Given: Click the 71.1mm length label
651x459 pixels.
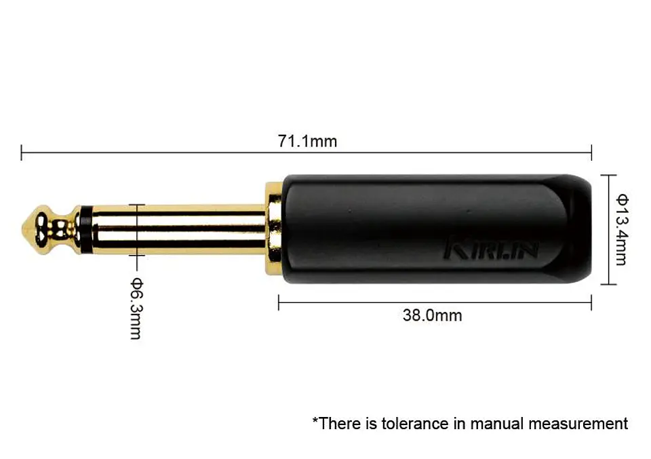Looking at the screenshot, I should click(x=307, y=141).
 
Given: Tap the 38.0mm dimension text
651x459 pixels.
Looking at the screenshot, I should click(x=432, y=315).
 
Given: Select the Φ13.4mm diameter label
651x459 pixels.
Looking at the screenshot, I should click(x=623, y=229).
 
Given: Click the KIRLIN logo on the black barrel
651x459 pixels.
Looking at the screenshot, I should click(x=491, y=249).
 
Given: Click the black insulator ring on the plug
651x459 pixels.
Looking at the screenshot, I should click(x=84, y=229).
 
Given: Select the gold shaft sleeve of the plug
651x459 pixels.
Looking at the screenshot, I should click(x=176, y=229).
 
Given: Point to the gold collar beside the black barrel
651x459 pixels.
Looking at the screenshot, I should click(x=273, y=229).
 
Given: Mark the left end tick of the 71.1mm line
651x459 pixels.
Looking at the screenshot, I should click(x=22, y=153).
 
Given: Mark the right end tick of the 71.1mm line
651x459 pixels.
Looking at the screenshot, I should click(x=591, y=153).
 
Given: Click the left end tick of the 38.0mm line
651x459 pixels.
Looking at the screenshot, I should click(x=279, y=302).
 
